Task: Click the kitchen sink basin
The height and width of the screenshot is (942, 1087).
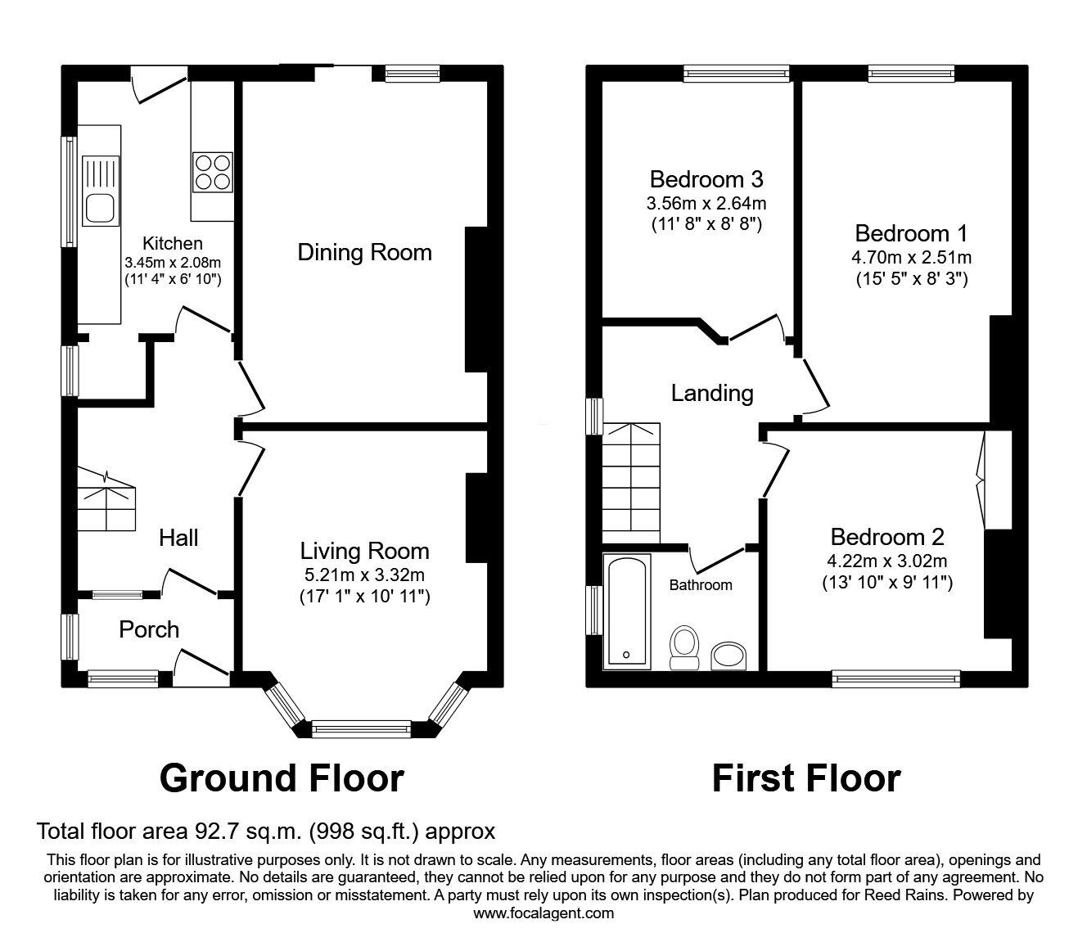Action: click(x=101, y=207)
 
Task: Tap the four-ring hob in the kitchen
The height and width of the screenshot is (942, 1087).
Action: click(x=212, y=172)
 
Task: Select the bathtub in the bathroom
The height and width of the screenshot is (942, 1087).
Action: click(x=626, y=611)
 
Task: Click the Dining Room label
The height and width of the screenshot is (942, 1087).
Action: click(x=364, y=252)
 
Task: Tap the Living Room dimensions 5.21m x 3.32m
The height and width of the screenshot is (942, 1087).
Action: click(x=364, y=575)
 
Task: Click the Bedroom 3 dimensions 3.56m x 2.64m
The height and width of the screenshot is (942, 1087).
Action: click(x=706, y=203)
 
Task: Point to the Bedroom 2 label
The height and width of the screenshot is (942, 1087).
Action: click(x=887, y=537)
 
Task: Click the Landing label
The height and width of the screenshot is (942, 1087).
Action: click(x=712, y=393)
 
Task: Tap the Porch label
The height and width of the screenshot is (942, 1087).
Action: click(x=149, y=629)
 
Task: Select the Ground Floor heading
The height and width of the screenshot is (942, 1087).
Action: click(x=282, y=777)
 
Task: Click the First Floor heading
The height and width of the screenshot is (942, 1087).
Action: click(x=806, y=777)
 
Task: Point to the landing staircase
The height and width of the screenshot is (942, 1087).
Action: click(x=631, y=482)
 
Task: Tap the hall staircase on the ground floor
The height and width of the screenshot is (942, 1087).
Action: click(x=107, y=499)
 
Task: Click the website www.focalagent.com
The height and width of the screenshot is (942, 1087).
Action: click(x=543, y=913)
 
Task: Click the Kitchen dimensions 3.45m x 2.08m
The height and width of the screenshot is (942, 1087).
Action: click(x=173, y=263)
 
